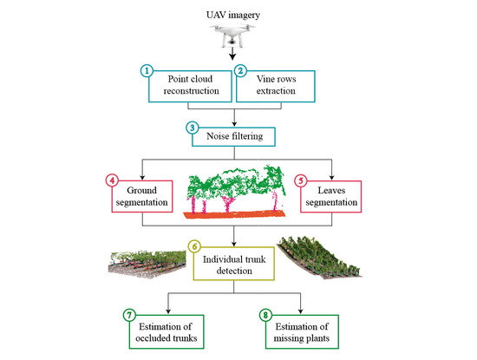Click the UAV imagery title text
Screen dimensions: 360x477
(x=238, y=16)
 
